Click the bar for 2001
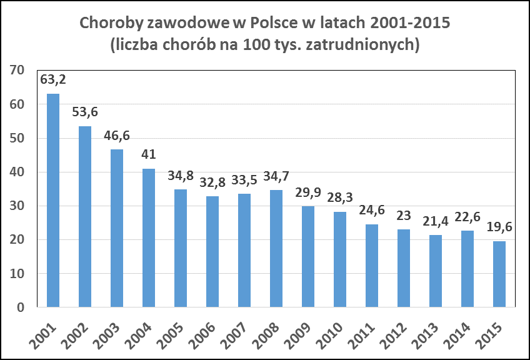click(53, 200)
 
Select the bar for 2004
click(149, 238)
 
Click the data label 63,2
click(53, 80)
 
